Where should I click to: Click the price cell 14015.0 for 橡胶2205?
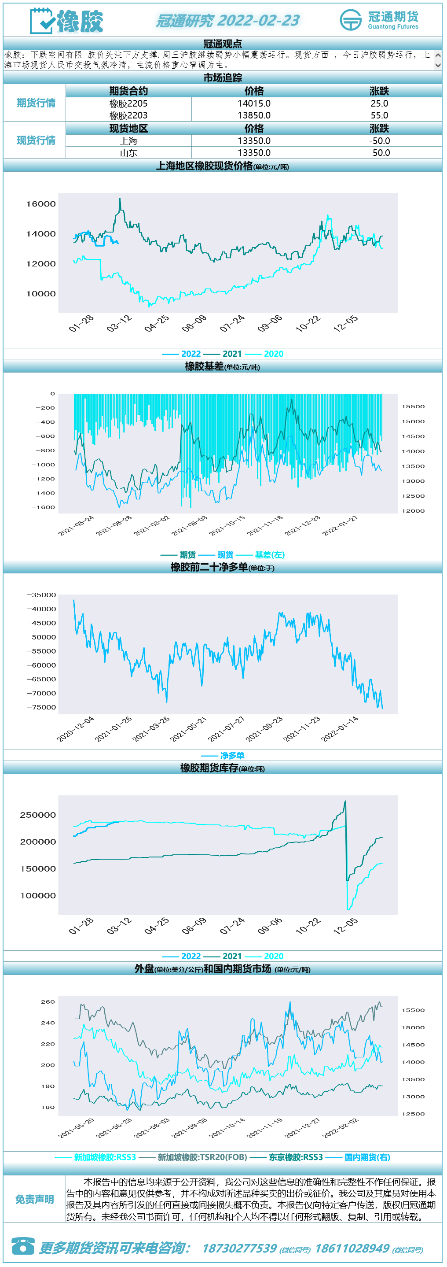pos(254,103)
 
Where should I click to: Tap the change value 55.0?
pos(379,115)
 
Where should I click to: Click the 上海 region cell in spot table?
pos(129,140)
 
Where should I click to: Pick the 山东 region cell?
pos(129,153)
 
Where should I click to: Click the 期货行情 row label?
pos(36,103)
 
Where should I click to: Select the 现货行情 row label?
pos(36,140)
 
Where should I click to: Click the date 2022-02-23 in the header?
pos(258,21)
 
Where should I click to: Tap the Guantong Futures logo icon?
pos(351,20)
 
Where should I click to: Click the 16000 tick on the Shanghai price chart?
pos(41,203)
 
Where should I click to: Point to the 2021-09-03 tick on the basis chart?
pos(190,525)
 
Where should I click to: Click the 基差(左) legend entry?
pos(270,555)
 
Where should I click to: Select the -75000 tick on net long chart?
pos(42,707)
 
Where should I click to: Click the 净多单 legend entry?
pos(232,755)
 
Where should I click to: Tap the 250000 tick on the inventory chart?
pos(38,815)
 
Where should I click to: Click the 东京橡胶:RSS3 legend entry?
pos(296,1157)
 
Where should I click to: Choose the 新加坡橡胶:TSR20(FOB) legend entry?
pos(202,1157)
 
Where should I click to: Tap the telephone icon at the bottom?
pos(22,1246)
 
